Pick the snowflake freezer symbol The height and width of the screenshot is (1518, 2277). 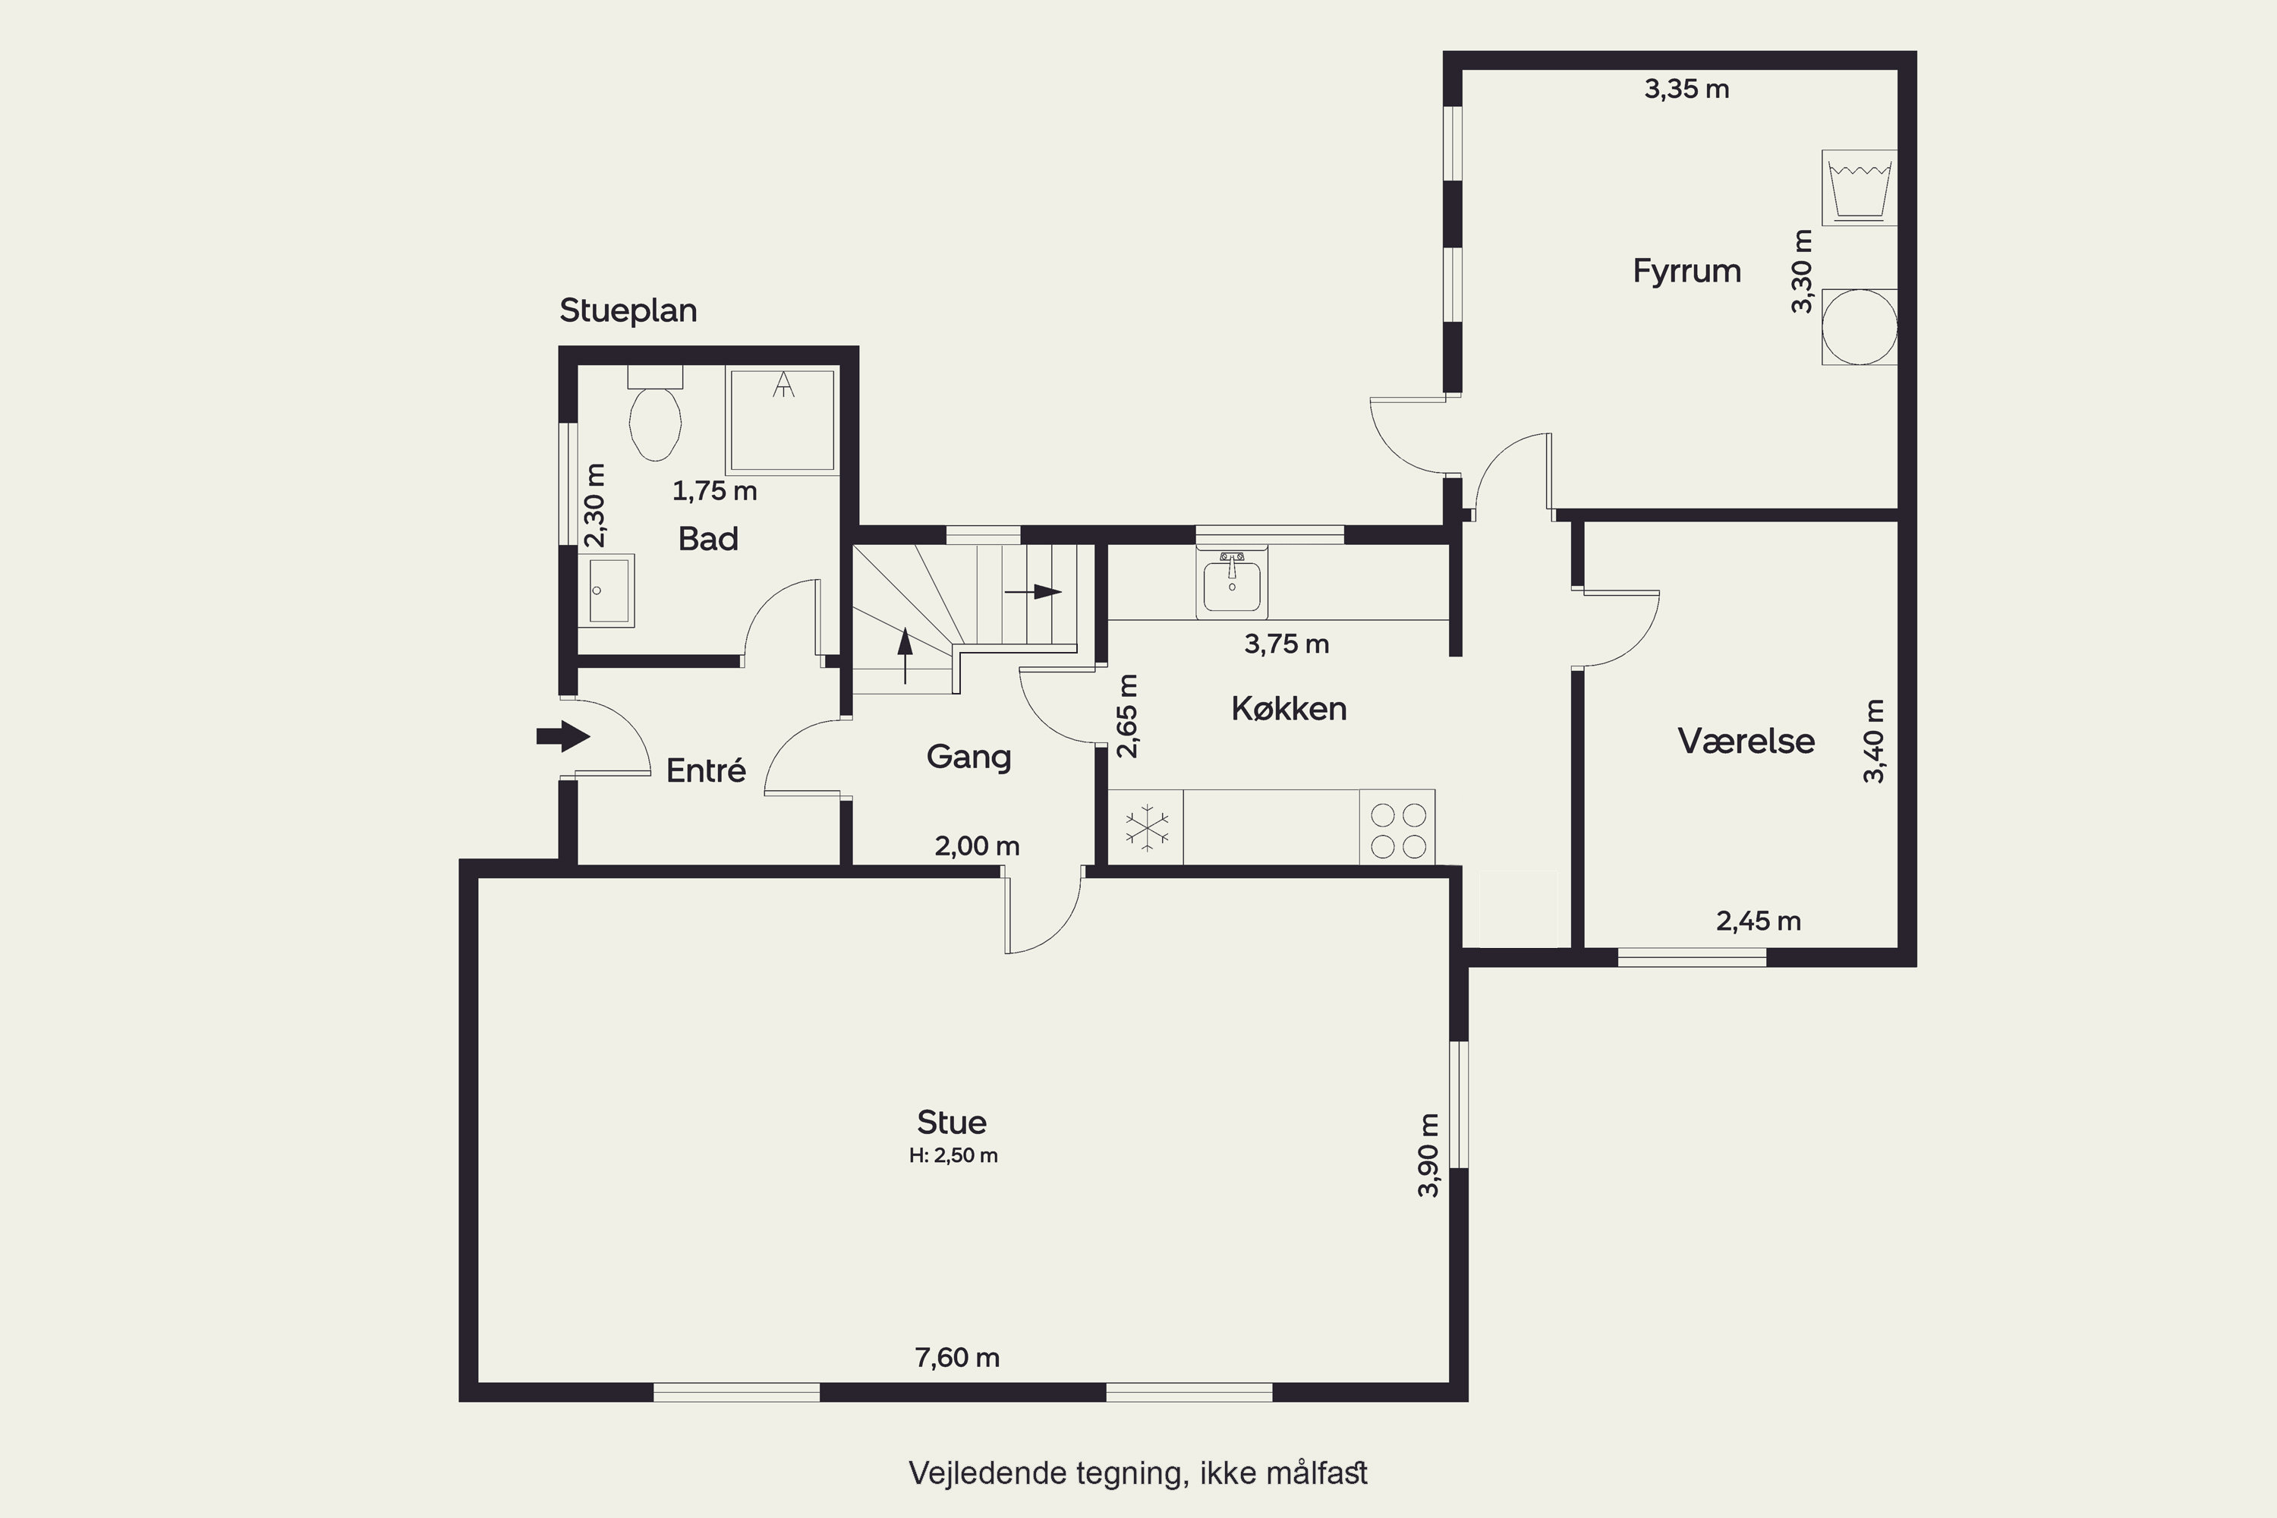click(x=1146, y=828)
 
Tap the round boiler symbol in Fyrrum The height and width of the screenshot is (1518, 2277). click(x=1859, y=327)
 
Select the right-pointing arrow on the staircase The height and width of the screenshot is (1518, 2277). click(x=1034, y=591)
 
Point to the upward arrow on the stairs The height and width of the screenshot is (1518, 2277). click(x=905, y=657)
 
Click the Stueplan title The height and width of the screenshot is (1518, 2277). click(x=628, y=310)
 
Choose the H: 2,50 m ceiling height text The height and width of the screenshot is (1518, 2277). click(x=953, y=1155)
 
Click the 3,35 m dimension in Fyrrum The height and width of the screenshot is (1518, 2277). click(x=1686, y=89)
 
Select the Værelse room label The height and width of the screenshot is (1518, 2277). click(x=1746, y=741)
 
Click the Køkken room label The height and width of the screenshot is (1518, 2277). click(x=1289, y=709)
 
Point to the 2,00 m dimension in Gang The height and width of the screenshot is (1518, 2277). click(x=977, y=846)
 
